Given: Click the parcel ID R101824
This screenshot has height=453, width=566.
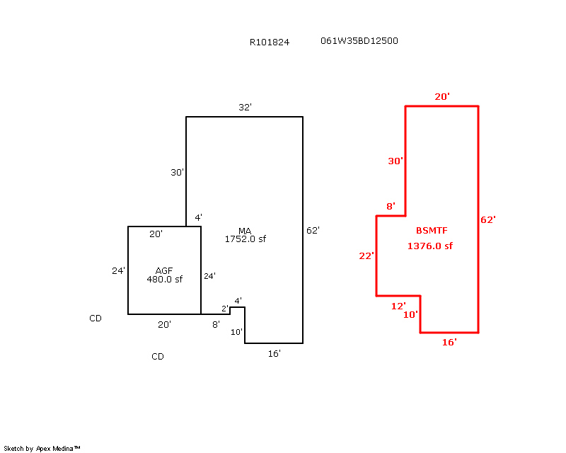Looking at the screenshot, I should click(x=269, y=42).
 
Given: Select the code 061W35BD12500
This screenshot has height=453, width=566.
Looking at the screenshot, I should click(x=359, y=41).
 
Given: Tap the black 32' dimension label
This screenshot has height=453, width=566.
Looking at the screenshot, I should click(x=245, y=108).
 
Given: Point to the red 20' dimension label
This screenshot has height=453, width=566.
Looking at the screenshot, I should click(x=442, y=96).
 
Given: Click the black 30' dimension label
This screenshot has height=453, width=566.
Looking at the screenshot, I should click(x=177, y=172).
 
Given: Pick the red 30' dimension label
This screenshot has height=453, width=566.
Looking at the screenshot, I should click(x=395, y=161).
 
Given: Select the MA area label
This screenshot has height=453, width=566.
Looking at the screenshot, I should click(x=245, y=231).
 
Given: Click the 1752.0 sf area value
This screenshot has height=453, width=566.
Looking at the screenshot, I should click(x=245, y=239).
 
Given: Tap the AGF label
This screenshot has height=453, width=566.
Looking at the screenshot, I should click(x=164, y=270).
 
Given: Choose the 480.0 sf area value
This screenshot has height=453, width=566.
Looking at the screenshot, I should click(x=164, y=279).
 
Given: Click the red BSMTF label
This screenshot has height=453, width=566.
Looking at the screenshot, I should click(x=432, y=231).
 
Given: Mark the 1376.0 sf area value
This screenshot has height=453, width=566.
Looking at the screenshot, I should click(x=429, y=246).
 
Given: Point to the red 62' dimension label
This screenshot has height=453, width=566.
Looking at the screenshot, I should click(x=488, y=220).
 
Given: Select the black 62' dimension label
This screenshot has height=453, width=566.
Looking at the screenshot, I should click(x=313, y=230).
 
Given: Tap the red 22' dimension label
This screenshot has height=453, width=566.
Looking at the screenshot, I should click(x=366, y=256).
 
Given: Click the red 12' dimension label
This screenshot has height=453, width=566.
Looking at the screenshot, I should click(x=398, y=306).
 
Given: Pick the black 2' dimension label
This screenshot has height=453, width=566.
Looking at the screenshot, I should click(x=225, y=309).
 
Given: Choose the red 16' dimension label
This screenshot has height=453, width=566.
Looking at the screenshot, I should click(x=449, y=342).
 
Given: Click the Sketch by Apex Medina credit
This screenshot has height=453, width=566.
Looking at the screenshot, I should click(x=42, y=449).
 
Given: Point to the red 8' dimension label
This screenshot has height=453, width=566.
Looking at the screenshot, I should click(x=390, y=207).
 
